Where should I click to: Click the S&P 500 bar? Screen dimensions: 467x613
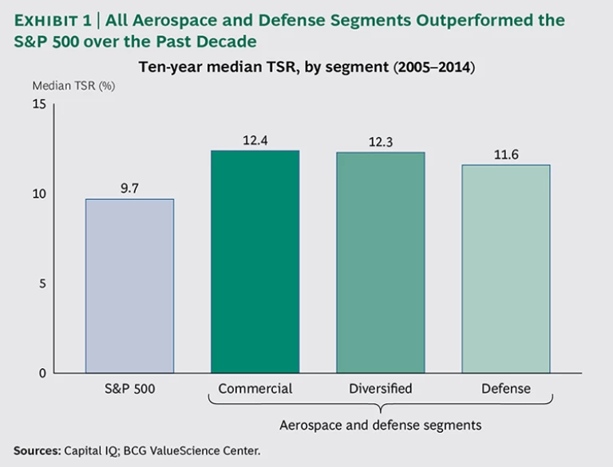click(x=129, y=286)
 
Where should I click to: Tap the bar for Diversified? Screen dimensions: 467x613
click(x=380, y=262)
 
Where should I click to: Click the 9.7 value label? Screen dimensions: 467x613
click(x=129, y=188)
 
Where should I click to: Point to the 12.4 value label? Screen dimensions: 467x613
click(x=255, y=140)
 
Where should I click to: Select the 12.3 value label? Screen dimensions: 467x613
click(x=380, y=142)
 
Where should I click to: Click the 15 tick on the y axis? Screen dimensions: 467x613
click(x=40, y=104)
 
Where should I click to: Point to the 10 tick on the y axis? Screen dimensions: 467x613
click(x=40, y=194)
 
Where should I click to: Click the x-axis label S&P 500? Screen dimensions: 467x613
click(x=129, y=389)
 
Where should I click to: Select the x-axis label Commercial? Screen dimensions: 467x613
click(x=255, y=389)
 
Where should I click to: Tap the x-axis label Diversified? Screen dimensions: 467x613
click(x=380, y=389)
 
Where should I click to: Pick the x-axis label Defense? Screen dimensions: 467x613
click(x=505, y=389)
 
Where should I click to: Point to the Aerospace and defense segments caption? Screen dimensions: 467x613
click(x=380, y=426)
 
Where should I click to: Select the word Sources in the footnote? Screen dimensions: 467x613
click(x=37, y=450)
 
